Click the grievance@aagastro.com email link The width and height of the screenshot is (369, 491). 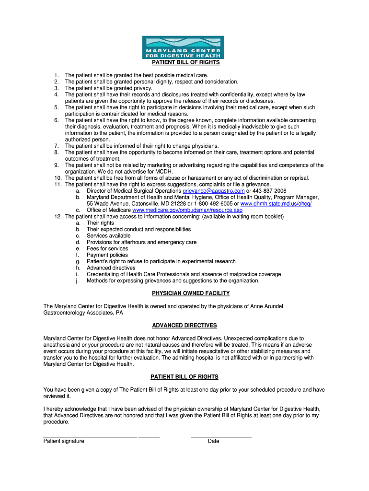click(x=213, y=191)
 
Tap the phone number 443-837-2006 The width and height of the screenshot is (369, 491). click(x=266, y=191)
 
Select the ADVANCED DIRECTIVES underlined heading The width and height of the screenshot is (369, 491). click(x=184, y=326)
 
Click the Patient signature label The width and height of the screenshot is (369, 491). click(x=64, y=441)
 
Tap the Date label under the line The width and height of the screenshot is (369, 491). click(x=213, y=441)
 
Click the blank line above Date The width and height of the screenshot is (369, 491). click(x=221, y=437)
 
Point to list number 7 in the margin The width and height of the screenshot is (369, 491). click(x=56, y=146)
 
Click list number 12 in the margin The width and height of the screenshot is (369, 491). click(x=58, y=217)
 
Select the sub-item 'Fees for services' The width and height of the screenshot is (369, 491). click(x=107, y=249)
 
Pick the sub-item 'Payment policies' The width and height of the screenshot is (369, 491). click(x=107, y=255)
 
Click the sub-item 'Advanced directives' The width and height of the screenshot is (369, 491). click(x=111, y=268)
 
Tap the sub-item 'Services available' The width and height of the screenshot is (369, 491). click(x=108, y=236)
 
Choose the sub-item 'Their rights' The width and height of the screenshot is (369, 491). click(x=100, y=223)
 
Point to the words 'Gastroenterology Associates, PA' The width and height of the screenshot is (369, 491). click(x=83, y=313)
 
